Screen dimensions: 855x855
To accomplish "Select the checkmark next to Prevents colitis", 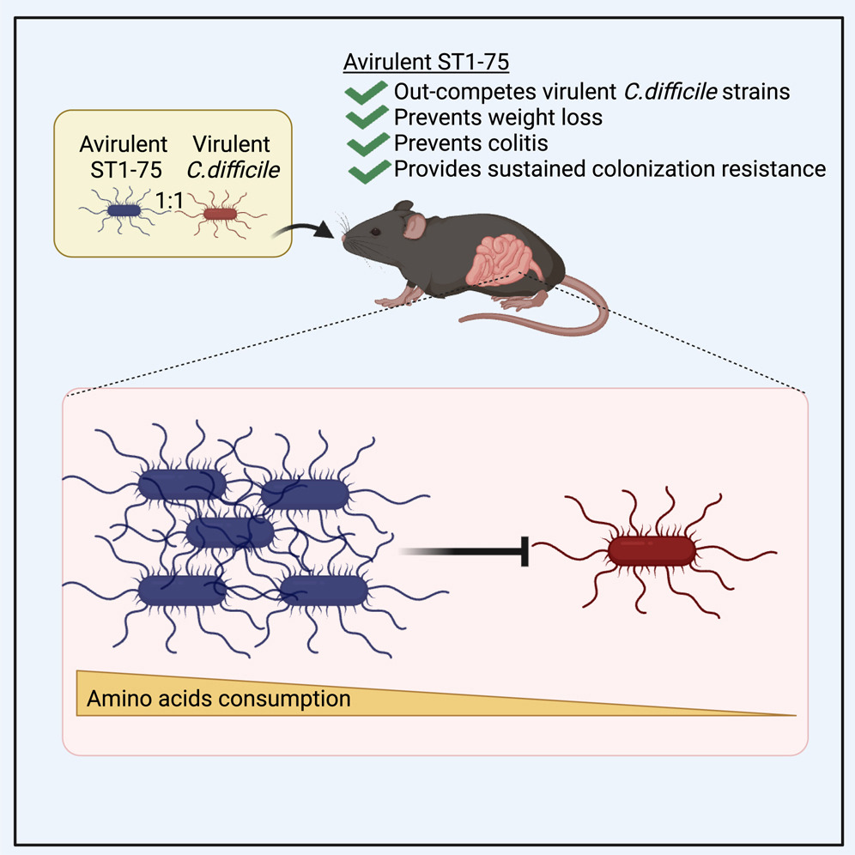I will coord(367,142).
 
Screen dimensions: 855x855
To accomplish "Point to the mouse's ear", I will coord(415,227).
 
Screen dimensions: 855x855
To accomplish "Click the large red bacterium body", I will coord(651,549).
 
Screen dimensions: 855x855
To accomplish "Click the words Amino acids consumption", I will coord(219,699).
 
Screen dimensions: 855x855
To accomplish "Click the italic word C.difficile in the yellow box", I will coord(238,169).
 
